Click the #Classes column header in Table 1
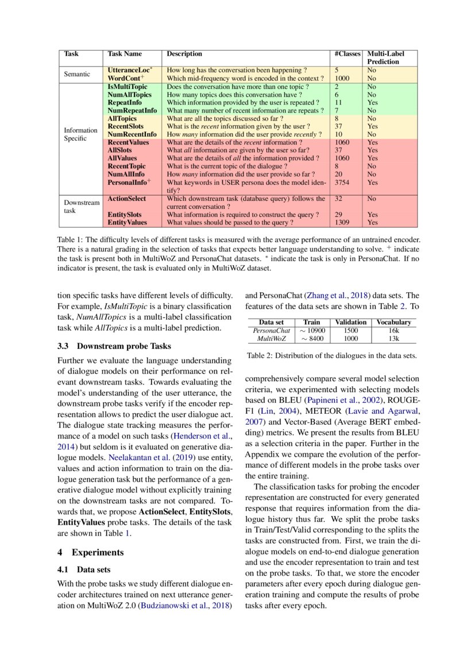coord(347,54)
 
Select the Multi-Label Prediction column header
coord(383,57)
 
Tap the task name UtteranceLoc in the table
coord(129,69)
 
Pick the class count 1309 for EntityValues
coord(342,222)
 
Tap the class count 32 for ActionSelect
coord(338,199)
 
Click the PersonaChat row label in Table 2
coord(272,331)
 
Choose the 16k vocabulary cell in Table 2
coord(393,331)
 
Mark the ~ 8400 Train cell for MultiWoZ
coord(312,339)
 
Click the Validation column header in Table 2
coord(351,323)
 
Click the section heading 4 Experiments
coord(91,552)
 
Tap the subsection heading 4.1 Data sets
coord(86,571)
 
